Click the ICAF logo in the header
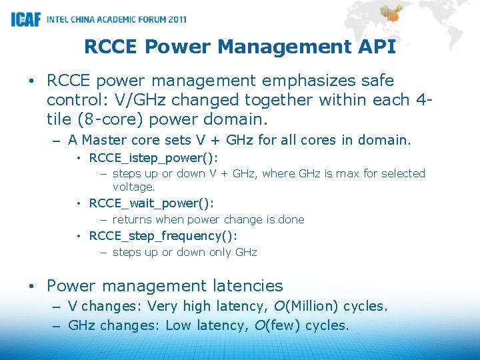(x=25, y=19)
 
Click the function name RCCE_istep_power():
(x=153, y=158)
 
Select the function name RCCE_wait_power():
(x=151, y=203)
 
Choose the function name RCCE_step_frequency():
(x=163, y=236)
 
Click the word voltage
(x=133, y=187)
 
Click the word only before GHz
(x=216, y=252)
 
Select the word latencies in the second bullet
(x=248, y=287)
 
